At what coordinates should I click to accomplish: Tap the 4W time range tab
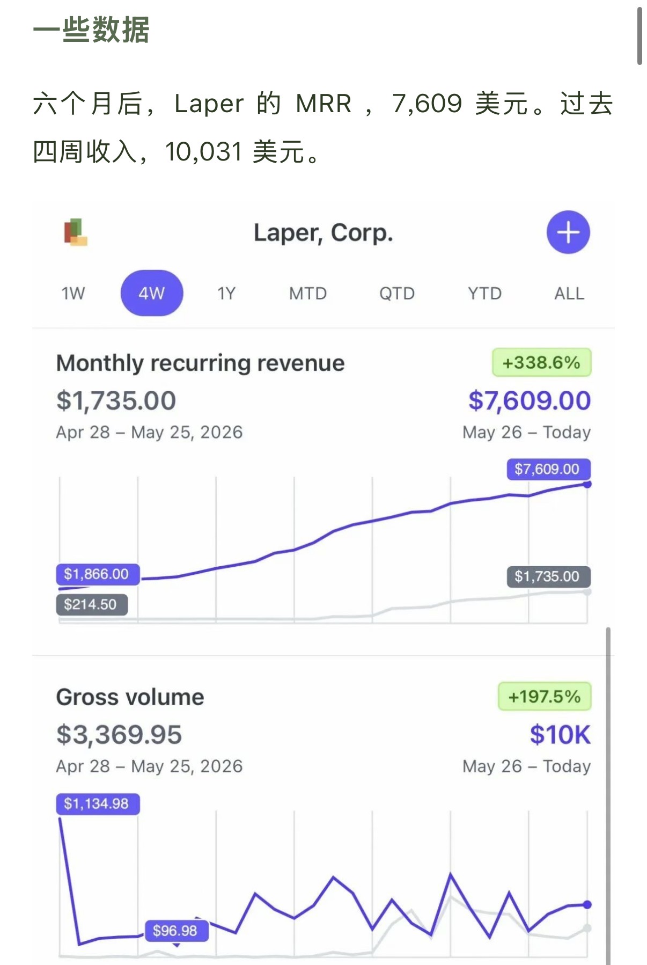coord(152,293)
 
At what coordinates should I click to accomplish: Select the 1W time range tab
coord(73,294)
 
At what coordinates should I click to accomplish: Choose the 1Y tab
coord(226,294)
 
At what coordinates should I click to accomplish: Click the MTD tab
coord(308,294)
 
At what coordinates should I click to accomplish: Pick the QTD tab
coord(397,294)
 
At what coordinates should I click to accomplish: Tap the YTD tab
coord(484,294)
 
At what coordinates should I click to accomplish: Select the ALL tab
coord(569,294)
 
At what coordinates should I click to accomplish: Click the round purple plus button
coord(568,232)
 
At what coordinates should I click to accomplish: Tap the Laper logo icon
coord(76,232)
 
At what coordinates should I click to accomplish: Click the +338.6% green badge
coord(542,362)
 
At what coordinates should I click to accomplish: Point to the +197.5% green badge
coord(545,696)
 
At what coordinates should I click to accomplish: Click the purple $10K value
coord(560,735)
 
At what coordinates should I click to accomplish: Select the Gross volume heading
coord(130,697)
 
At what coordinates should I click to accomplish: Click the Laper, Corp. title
coord(323,233)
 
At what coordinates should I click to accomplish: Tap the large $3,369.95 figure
coord(119,735)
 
